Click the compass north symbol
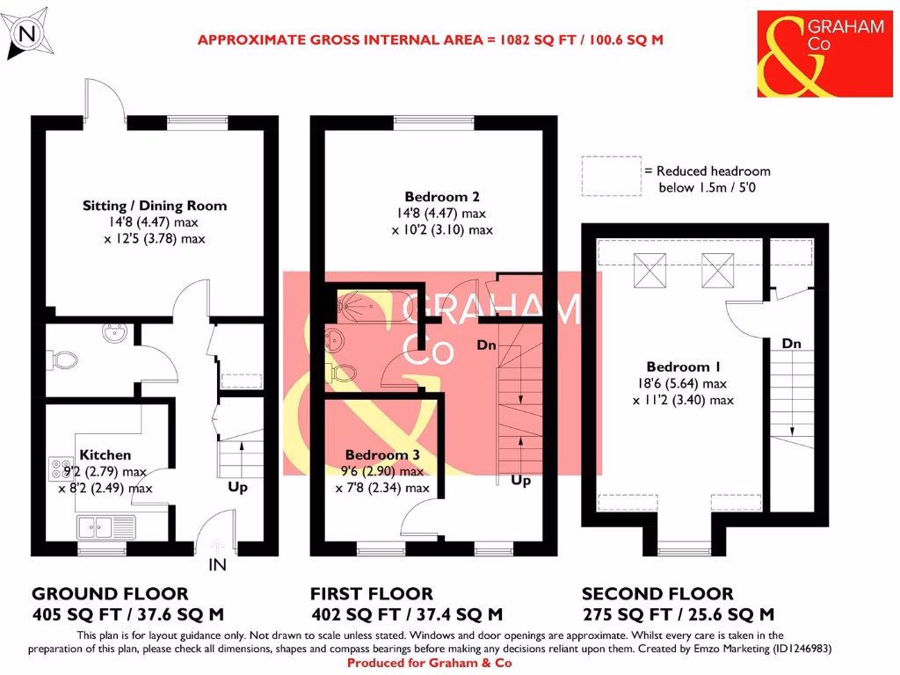pos(27,33)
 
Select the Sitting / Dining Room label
pos(155,206)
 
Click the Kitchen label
pos(105,454)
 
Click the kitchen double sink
pos(105,527)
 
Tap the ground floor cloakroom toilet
pos(63,359)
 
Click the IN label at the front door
pos(217,566)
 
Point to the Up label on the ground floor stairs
pos(237,487)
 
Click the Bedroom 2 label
pos(442,196)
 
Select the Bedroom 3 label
pos(382,454)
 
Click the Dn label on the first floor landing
pos(486,345)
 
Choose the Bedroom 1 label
pos(678,367)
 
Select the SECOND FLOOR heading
pos(657,594)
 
